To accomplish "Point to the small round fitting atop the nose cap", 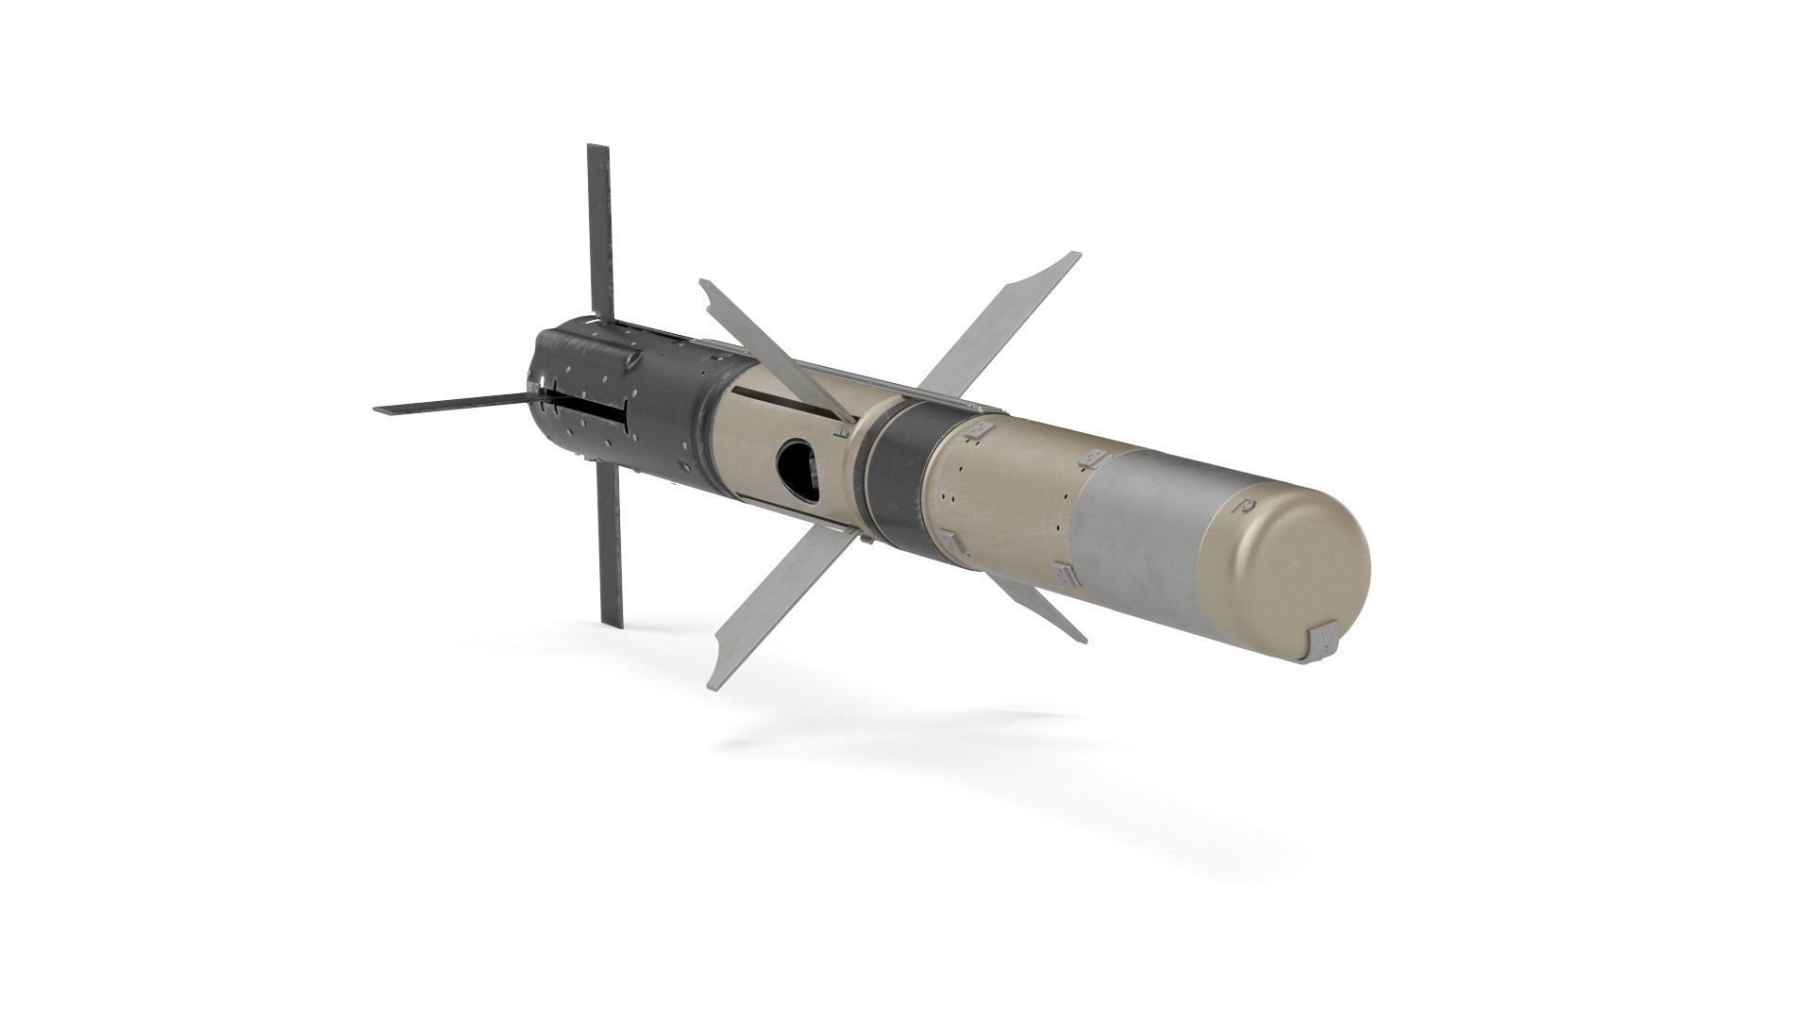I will click(x=1248, y=508).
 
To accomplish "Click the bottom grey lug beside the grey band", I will click(x=1065, y=573).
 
